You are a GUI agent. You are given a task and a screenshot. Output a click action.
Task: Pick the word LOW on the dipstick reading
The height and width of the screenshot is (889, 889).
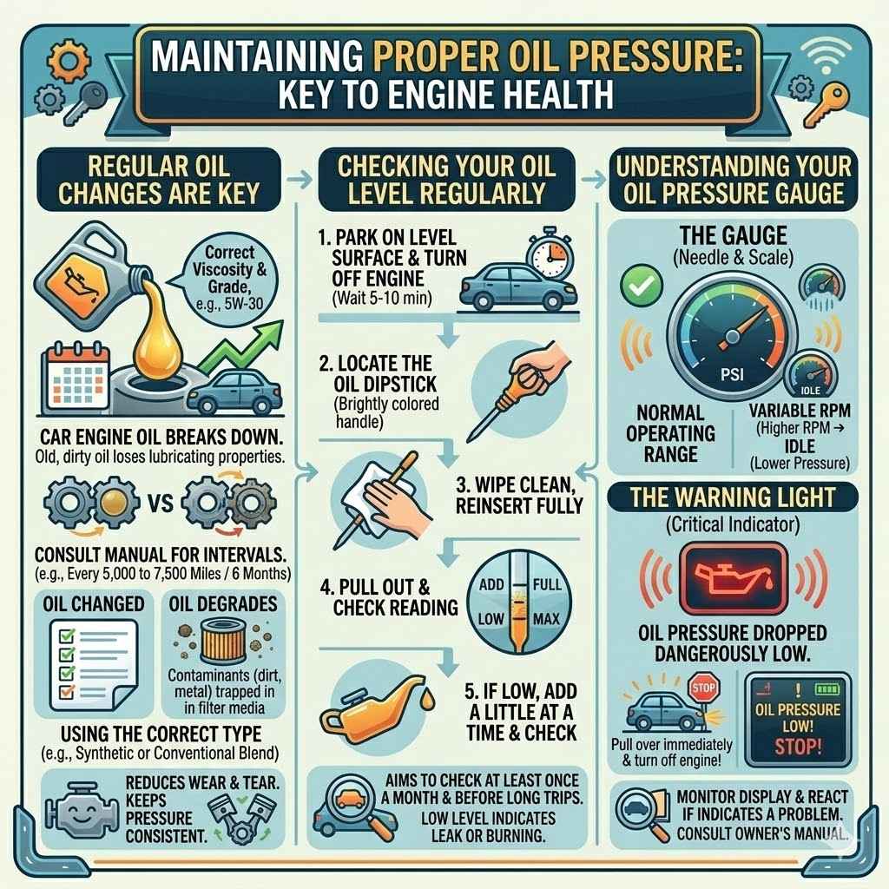(x=492, y=620)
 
